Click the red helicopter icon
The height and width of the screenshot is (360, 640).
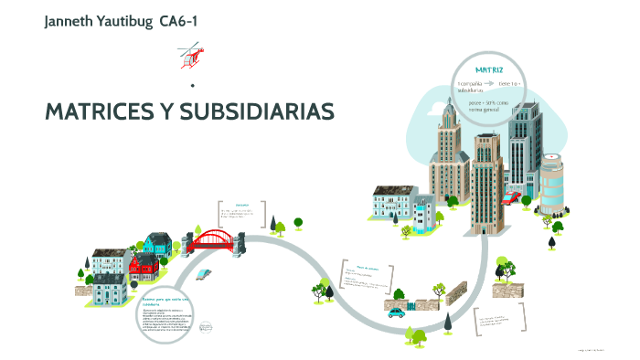pyautogui.click(x=191, y=55)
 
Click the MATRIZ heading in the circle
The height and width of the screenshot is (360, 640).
pyautogui.click(x=489, y=70)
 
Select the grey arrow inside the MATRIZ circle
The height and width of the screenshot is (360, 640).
pyautogui.click(x=496, y=83)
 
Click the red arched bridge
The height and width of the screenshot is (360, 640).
pyautogui.click(x=216, y=238)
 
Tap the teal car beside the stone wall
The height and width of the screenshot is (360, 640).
pyautogui.click(x=396, y=312)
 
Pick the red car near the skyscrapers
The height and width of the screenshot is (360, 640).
pyautogui.click(x=512, y=196)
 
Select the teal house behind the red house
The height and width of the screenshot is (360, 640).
pyautogui.click(x=156, y=243)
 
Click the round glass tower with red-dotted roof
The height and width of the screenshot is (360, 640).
pyautogui.click(x=553, y=184)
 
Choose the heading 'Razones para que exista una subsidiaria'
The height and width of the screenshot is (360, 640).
pyautogui.click(x=164, y=302)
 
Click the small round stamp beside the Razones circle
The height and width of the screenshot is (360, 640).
pyautogui.click(x=205, y=326)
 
